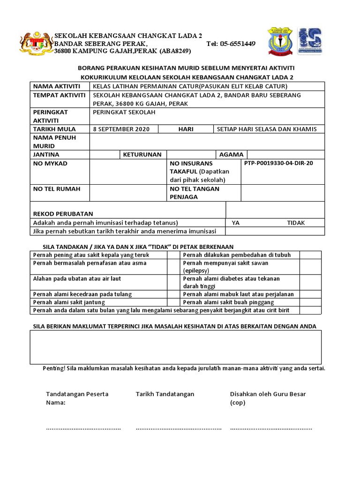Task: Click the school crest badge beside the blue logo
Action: (x=280, y=41)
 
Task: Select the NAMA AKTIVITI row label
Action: (x=56, y=87)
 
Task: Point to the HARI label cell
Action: (x=186, y=129)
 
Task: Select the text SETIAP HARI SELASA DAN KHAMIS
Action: (x=267, y=129)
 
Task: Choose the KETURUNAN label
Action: (x=142, y=154)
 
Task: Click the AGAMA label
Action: (x=231, y=154)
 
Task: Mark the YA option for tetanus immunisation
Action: (x=236, y=223)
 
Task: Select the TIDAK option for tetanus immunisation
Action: (x=296, y=223)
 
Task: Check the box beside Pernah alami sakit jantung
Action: (x=173, y=302)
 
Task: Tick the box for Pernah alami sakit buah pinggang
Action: (x=310, y=302)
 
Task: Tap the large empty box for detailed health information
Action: (x=176, y=347)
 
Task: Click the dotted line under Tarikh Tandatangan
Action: (x=179, y=428)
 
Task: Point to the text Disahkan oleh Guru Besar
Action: (x=268, y=394)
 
